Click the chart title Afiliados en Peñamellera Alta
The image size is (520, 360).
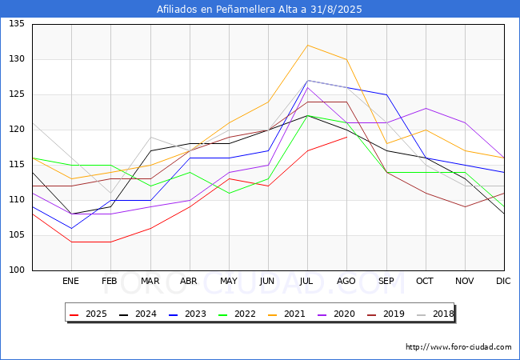259,10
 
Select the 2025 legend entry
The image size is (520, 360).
88,314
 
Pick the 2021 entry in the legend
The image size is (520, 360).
286,314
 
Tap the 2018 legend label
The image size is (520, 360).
435,314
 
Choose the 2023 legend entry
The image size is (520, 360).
187,314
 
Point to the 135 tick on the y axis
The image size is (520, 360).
17,24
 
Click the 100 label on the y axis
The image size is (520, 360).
17,270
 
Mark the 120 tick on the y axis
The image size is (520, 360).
17,130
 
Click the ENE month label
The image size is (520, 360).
70,281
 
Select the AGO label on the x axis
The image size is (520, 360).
346,281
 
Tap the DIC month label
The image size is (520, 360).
503,281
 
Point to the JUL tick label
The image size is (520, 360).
306,281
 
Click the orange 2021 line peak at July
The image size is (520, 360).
308,45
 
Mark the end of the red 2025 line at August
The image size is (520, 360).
347,137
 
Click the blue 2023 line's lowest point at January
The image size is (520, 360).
72,228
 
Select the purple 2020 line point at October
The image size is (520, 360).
426,108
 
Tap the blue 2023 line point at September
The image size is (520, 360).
386,95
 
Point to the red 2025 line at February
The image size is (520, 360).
110,242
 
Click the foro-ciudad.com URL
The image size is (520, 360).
458,347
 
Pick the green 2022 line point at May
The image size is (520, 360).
229,194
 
